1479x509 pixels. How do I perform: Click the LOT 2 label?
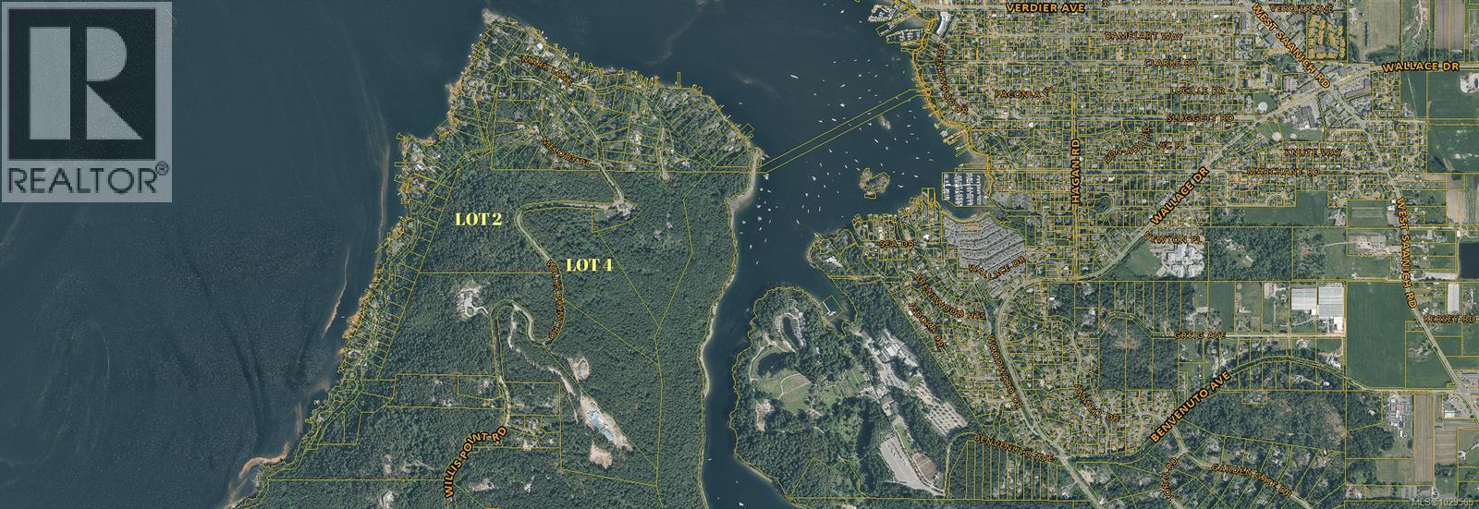479,220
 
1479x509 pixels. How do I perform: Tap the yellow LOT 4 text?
589,265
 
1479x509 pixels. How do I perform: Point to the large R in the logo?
85,81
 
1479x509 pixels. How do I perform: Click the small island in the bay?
869,181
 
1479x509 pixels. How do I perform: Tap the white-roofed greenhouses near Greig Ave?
1317,298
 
